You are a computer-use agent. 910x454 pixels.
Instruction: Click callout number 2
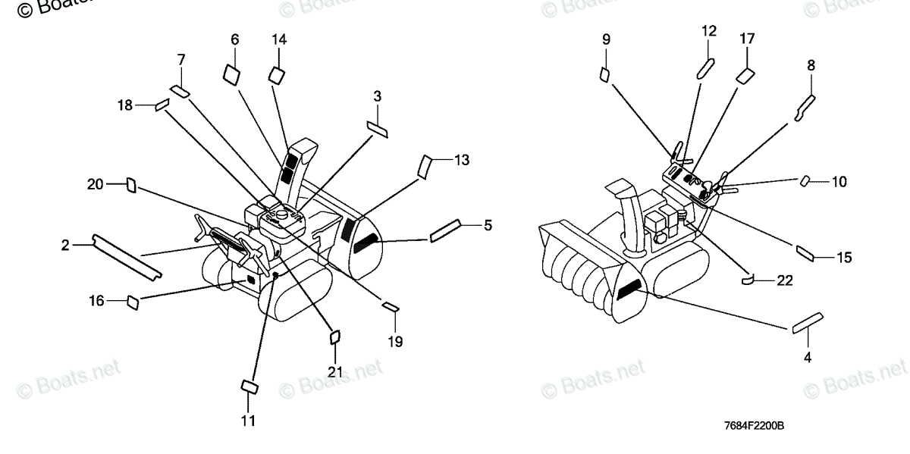pyautogui.click(x=65, y=245)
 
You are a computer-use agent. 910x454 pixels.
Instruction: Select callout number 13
pyautogui.click(x=461, y=160)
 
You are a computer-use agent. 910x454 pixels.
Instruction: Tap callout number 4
pyautogui.click(x=808, y=357)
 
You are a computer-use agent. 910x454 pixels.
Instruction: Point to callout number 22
pyautogui.click(x=783, y=280)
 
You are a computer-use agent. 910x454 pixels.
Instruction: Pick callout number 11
pyautogui.click(x=248, y=420)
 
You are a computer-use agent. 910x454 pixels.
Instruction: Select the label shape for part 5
pyautogui.click(x=445, y=230)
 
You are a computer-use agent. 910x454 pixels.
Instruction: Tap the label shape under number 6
pyautogui.click(x=232, y=73)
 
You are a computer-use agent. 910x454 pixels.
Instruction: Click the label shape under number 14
pyautogui.click(x=277, y=74)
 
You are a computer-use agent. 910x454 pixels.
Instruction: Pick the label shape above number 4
pyautogui.click(x=808, y=322)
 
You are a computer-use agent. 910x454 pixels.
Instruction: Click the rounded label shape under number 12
pyautogui.click(x=705, y=67)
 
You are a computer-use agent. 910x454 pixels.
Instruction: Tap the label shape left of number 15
pyautogui.click(x=805, y=252)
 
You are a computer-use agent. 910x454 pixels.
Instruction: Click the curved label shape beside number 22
pyautogui.click(x=747, y=280)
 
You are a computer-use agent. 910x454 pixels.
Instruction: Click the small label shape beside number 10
pyautogui.click(x=807, y=180)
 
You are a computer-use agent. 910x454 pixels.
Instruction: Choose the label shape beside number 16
pyautogui.click(x=133, y=302)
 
